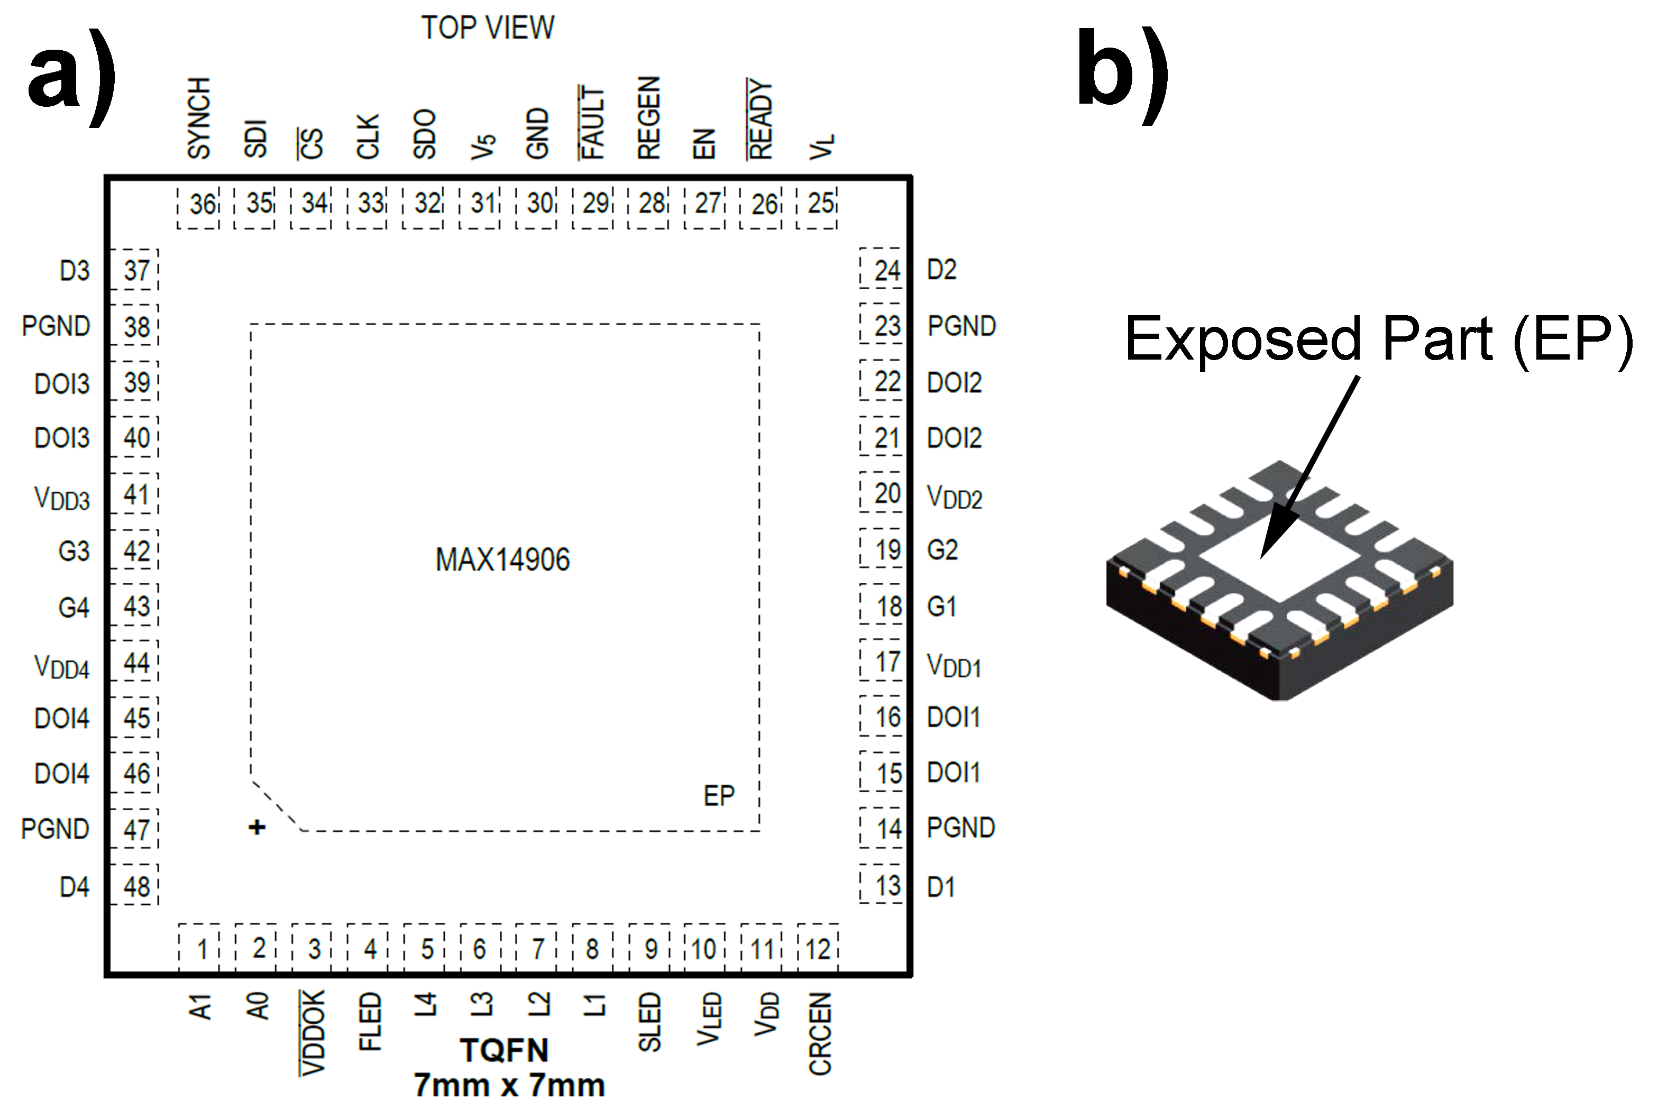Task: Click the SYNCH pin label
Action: (x=199, y=118)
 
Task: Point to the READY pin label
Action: (x=761, y=118)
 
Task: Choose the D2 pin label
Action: (x=941, y=270)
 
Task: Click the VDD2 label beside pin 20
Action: (x=954, y=497)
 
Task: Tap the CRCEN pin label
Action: (x=820, y=1033)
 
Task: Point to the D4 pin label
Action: (x=74, y=887)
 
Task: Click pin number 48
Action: (x=135, y=886)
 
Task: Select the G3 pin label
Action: (x=74, y=551)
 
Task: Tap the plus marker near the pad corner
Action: (x=257, y=827)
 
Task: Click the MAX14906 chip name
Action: (x=502, y=560)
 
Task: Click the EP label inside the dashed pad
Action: (x=718, y=796)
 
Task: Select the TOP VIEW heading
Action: (x=487, y=28)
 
